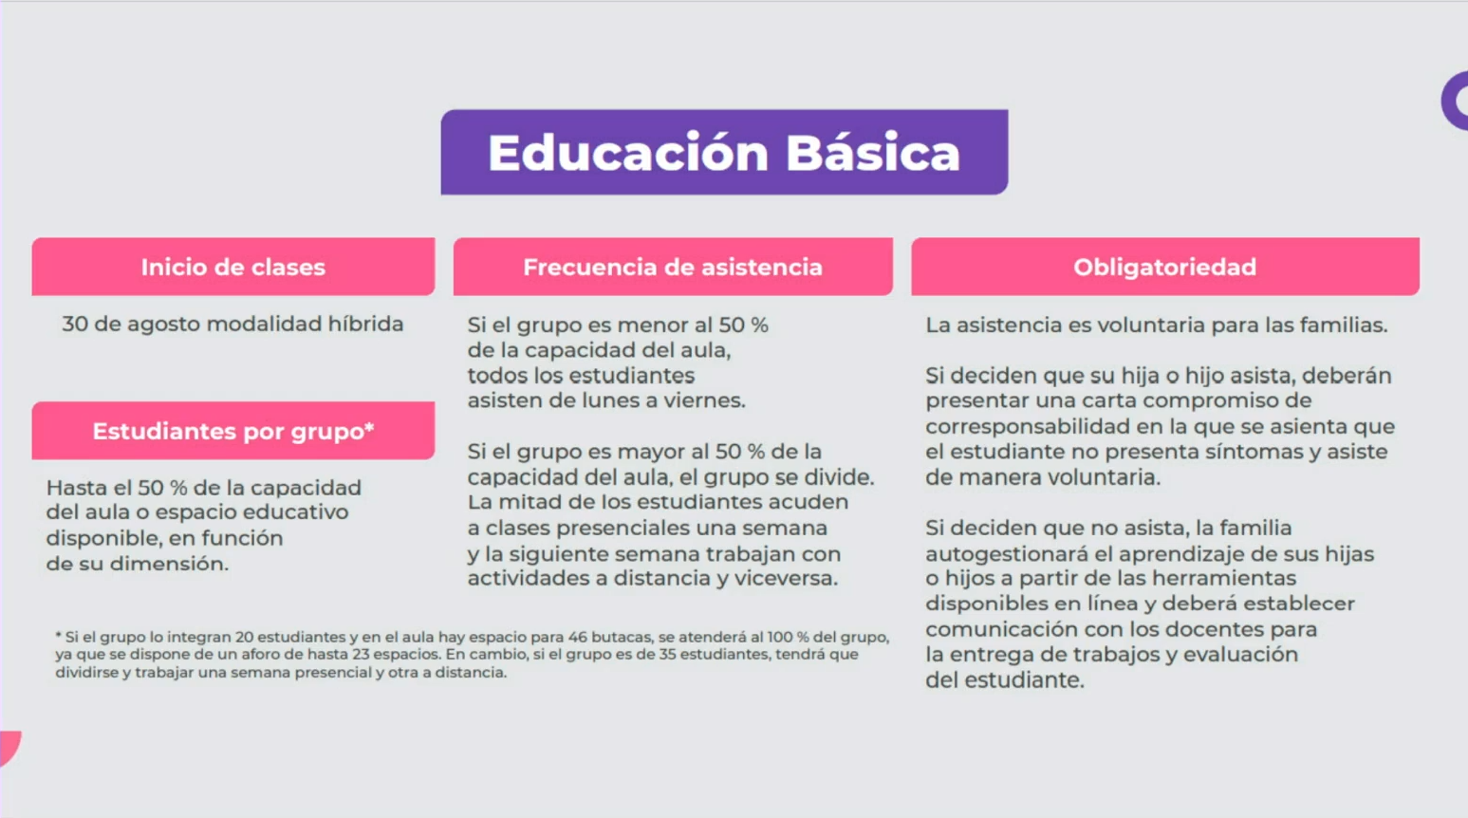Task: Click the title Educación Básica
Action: pyautogui.click(x=724, y=152)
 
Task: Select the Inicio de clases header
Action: pyautogui.click(x=233, y=267)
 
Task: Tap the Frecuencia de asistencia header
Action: pyautogui.click(x=673, y=267)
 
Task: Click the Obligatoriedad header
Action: pyautogui.click(x=1165, y=267)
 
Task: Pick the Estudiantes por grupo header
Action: pyautogui.click(x=233, y=431)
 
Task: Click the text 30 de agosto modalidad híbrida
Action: pyautogui.click(x=232, y=324)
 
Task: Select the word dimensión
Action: pyautogui.click(x=169, y=563)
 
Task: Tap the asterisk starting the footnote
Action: pyautogui.click(x=58, y=635)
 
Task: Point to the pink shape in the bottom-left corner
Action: pyautogui.click(x=9, y=747)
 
